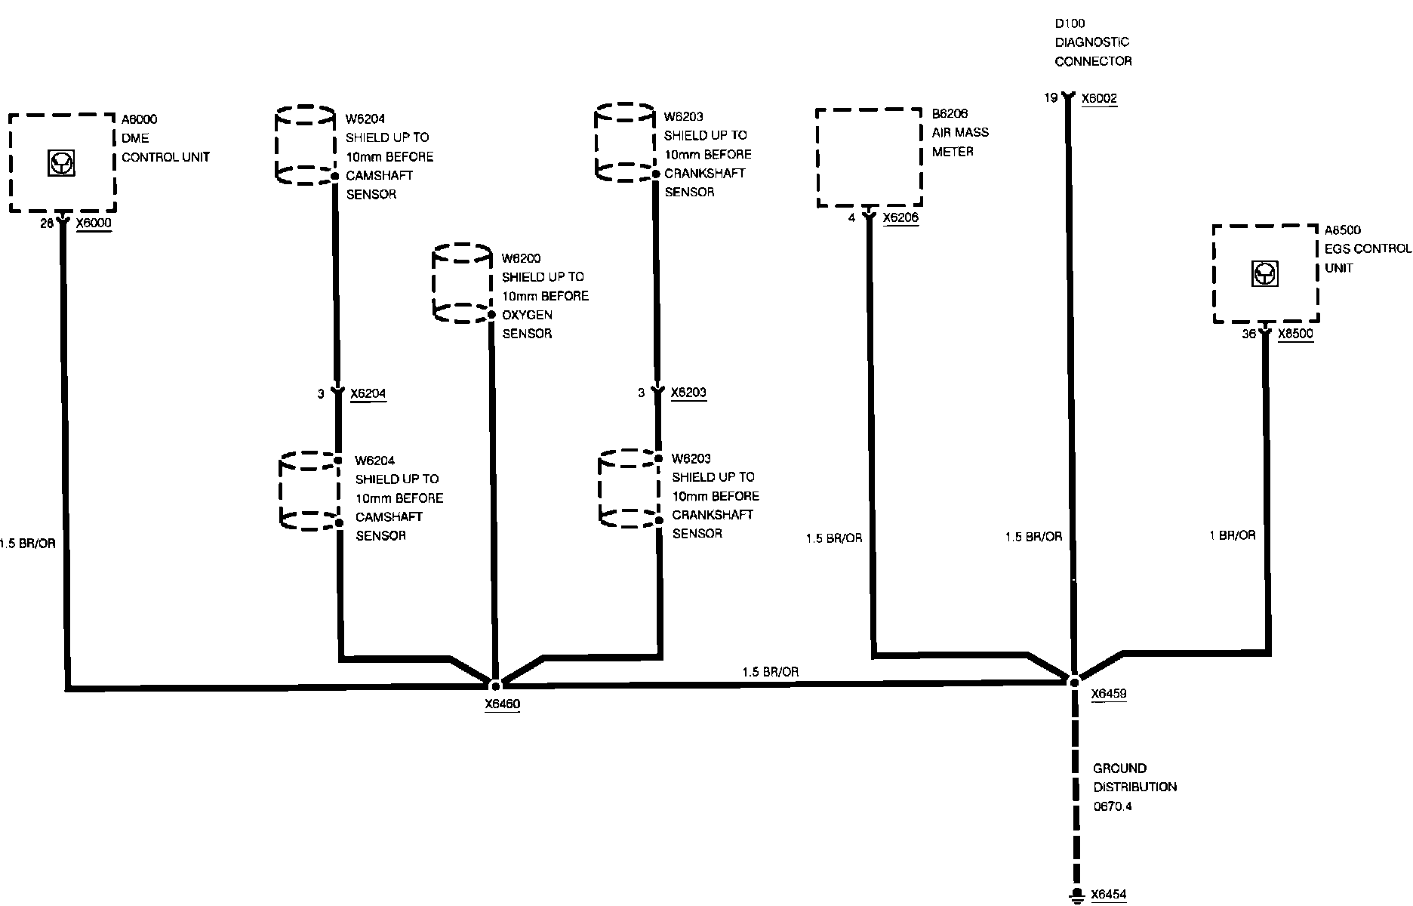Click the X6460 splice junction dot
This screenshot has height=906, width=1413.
(495, 686)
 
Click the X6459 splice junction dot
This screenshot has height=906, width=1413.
(1074, 681)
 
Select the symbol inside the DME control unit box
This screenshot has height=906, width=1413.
(62, 164)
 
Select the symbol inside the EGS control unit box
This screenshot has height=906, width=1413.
(1265, 273)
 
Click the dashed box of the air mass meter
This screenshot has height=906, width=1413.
(869, 157)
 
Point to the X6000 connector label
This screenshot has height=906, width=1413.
(94, 223)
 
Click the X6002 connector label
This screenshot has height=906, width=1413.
(1099, 98)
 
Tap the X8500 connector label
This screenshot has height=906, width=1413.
(1295, 334)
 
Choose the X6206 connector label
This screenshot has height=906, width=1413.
(900, 217)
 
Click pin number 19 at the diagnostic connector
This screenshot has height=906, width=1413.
(1051, 98)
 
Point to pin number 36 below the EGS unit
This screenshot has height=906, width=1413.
(1249, 334)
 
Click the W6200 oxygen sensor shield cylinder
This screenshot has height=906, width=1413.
(462, 283)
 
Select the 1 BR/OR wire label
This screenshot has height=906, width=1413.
(1233, 535)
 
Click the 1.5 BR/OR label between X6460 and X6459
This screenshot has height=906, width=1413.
(770, 672)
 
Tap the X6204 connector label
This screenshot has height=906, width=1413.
(368, 393)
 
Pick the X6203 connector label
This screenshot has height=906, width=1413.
(689, 393)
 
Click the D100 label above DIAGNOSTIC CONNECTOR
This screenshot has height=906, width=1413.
(1070, 23)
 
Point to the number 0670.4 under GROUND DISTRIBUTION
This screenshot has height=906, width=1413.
(1113, 806)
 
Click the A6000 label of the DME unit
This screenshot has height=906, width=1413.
(140, 119)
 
